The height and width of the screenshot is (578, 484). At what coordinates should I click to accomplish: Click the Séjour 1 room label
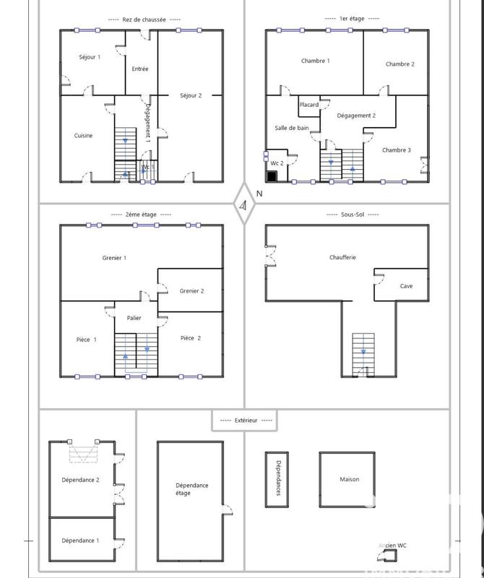pos(90,57)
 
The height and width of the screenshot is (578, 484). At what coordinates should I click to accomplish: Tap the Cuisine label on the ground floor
pos(83,136)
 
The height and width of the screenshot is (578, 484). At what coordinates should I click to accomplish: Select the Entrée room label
pos(140,69)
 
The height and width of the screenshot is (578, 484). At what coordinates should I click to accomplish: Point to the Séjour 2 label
pos(191,95)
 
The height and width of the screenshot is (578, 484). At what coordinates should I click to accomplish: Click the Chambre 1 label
pos(316,61)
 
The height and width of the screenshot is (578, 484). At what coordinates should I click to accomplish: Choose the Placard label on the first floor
pos(309,105)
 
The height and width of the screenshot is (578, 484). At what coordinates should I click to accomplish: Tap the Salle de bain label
pos(292,129)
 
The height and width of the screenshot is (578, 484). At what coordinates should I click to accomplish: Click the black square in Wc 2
pos(272,176)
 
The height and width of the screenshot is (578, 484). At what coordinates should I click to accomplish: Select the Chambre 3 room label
pos(397,150)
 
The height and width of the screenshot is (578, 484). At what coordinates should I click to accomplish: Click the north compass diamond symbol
pos(244,204)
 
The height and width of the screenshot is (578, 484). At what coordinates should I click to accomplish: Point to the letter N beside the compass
pos(259,194)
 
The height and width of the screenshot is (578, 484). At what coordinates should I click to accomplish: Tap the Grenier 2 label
pos(191,291)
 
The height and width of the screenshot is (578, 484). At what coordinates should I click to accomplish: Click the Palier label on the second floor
pos(134,318)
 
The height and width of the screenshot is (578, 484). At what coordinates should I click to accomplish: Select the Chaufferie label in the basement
pos(342,258)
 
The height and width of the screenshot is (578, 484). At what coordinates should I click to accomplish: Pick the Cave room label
pos(407,286)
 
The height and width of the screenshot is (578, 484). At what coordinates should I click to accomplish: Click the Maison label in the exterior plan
pos(349,479)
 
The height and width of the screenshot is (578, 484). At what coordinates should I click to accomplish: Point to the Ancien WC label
pos(392,546)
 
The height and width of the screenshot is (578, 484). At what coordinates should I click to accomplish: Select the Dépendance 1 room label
pos(80,540)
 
